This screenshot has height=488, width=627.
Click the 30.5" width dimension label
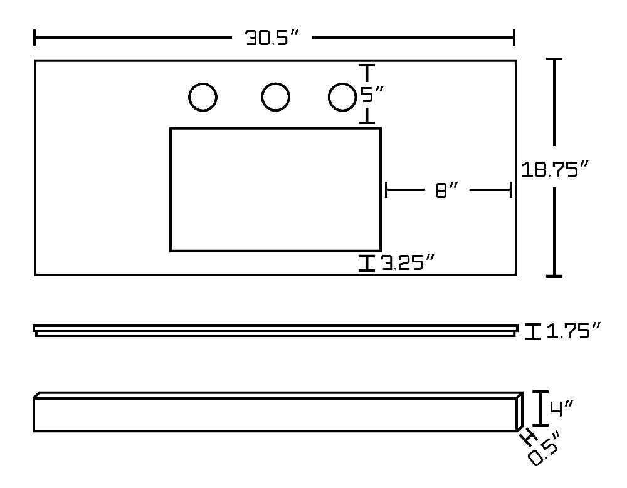272,38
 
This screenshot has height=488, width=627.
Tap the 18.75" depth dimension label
555,169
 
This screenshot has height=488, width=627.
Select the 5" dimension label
372,95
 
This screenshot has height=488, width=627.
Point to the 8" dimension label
446,190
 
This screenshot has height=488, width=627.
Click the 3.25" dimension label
408,262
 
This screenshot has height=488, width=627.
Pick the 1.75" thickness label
574,331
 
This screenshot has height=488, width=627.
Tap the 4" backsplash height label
561,408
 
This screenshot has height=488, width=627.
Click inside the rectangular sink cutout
275,189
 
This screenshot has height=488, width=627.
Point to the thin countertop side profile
275,331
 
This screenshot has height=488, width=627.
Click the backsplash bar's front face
275,415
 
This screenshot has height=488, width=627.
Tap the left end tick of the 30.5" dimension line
34,38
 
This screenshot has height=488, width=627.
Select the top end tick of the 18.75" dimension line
554,59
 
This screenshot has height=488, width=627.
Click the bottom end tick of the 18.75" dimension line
554,276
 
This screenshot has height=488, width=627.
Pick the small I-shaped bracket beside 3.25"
367,263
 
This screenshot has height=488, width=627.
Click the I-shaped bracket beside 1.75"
532,331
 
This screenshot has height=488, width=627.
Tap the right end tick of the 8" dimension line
510,189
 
